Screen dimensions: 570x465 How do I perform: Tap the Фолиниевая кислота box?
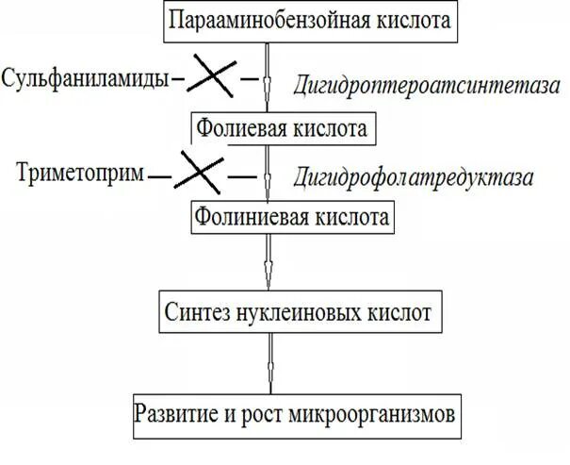[x=291, y=217]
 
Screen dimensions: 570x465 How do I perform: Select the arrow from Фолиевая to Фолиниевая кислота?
[x=269, y=172]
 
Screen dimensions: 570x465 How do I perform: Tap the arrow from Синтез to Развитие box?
[x=269, y=360]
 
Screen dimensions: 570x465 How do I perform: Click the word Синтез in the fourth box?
[x=196, y=308]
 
